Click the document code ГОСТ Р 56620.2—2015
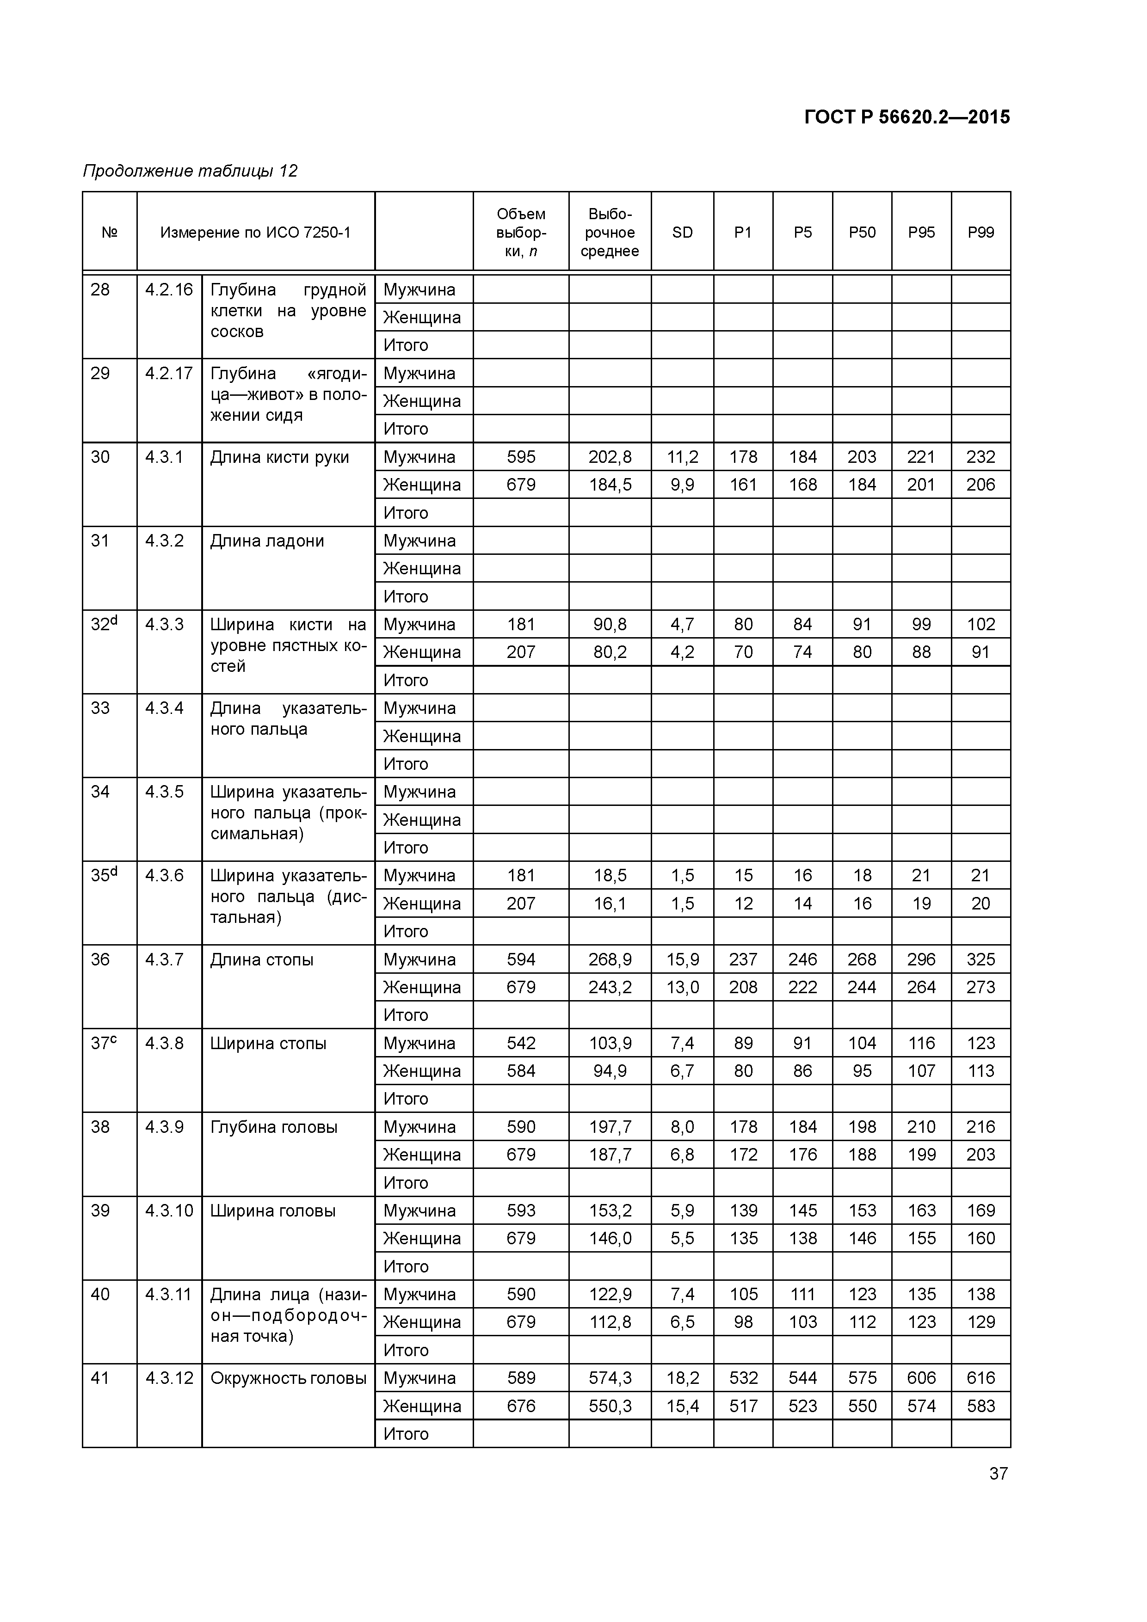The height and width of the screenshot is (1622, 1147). click(906, 117)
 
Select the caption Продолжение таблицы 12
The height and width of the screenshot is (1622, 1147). click(190, 171)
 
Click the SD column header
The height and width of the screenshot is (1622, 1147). click(682, 233)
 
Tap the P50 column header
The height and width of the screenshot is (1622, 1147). click(862, 233)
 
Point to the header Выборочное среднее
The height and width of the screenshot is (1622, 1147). click(609, 233)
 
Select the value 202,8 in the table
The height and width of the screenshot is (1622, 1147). click(609, 457)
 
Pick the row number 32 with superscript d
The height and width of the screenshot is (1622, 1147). click(103, 624)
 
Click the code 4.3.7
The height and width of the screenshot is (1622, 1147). click(164, 959)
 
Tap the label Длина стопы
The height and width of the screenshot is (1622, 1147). click(261, 959)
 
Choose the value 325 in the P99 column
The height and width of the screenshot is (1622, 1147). click(980, 959)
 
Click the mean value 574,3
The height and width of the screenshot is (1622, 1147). click(609, 1377)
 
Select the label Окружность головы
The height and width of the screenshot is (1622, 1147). click(288, 1377)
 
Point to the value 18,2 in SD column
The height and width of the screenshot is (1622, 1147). click(682, 1377)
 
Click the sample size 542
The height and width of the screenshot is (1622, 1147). click(521, 1043)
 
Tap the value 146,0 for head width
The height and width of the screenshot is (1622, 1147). click(609, 1238)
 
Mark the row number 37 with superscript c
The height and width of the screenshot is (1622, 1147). click(103, 1043)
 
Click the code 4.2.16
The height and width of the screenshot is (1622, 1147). click(168, 289)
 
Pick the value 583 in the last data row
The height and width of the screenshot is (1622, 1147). click(980, 1406)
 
